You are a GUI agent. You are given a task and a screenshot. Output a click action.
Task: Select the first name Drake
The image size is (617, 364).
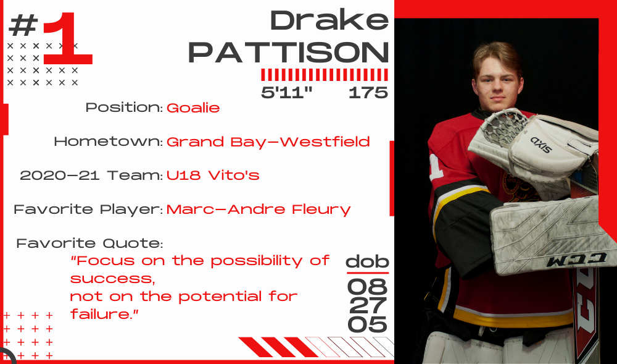[329, 20]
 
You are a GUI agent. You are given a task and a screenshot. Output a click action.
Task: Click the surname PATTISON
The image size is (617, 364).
[288, 52]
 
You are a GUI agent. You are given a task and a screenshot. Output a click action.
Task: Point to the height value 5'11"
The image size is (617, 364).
[286, 93]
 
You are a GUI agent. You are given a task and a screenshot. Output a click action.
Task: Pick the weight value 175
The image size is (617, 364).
[368, 93]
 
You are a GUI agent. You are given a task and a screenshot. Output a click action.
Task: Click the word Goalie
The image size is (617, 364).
[193, 108]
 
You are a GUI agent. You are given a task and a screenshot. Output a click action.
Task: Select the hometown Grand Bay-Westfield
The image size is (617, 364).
[268, 142]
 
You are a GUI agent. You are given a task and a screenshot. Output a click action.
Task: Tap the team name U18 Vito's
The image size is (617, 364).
[213, 175]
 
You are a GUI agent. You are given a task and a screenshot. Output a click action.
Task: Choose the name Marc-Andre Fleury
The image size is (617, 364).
[259, 210]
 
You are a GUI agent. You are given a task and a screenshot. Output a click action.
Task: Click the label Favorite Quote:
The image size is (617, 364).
[89, 243]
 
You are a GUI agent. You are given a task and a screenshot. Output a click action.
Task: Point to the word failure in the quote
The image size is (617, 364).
[102, 315]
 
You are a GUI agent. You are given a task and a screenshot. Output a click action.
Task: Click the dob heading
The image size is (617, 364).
[367, 261]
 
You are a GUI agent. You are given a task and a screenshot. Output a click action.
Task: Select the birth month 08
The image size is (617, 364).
[368, 287]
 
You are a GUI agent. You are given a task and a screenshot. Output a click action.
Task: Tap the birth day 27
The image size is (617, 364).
[368, 306]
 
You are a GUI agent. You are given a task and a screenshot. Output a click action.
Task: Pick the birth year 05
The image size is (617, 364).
[368, 324]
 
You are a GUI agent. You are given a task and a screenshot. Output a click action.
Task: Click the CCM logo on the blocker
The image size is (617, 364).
[576, 259]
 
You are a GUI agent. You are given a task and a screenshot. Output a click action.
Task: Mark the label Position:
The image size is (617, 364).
[125, 108]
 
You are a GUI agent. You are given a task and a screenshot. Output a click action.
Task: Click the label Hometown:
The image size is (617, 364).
[109, 142]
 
